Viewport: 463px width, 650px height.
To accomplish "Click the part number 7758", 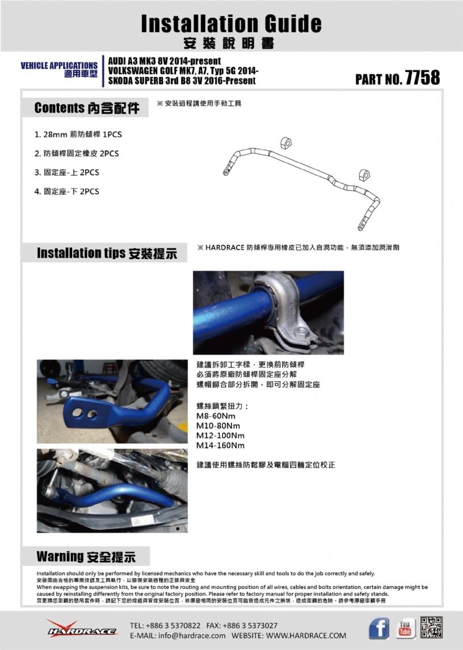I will pyautogui.click(x=422, y=77).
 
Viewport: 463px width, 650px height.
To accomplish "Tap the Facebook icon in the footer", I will pyautogui.click(x=379, y=628).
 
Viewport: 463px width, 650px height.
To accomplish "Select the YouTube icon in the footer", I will pyautogui.click(x=406, y=628).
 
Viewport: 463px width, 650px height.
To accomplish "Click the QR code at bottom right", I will pyautogui.click(x=432, y=627).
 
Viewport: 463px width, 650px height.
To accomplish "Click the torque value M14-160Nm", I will pyautogui.click(x=220, y=445).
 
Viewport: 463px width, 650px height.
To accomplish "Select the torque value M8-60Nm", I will pyautogui.click(x=216, y=416).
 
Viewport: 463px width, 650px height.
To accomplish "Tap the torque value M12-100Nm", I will pyautogui.click(x=220, y=436).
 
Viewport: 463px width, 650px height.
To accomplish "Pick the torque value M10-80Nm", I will pyautogui.click(x=218, y=426).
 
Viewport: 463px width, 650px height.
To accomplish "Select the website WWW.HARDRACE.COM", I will pyautogui.click(x=306, y=635).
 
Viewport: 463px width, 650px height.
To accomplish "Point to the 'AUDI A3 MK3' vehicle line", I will pyautogui.click(x=164, y=61).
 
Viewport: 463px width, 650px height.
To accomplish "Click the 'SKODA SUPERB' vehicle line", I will pyautogui.click(x=182, y=81).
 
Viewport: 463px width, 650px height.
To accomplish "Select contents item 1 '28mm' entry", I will pyautogui.click(x=78, y=135).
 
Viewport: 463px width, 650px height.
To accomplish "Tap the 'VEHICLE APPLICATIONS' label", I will pyautogui.click(x=59, y=66).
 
